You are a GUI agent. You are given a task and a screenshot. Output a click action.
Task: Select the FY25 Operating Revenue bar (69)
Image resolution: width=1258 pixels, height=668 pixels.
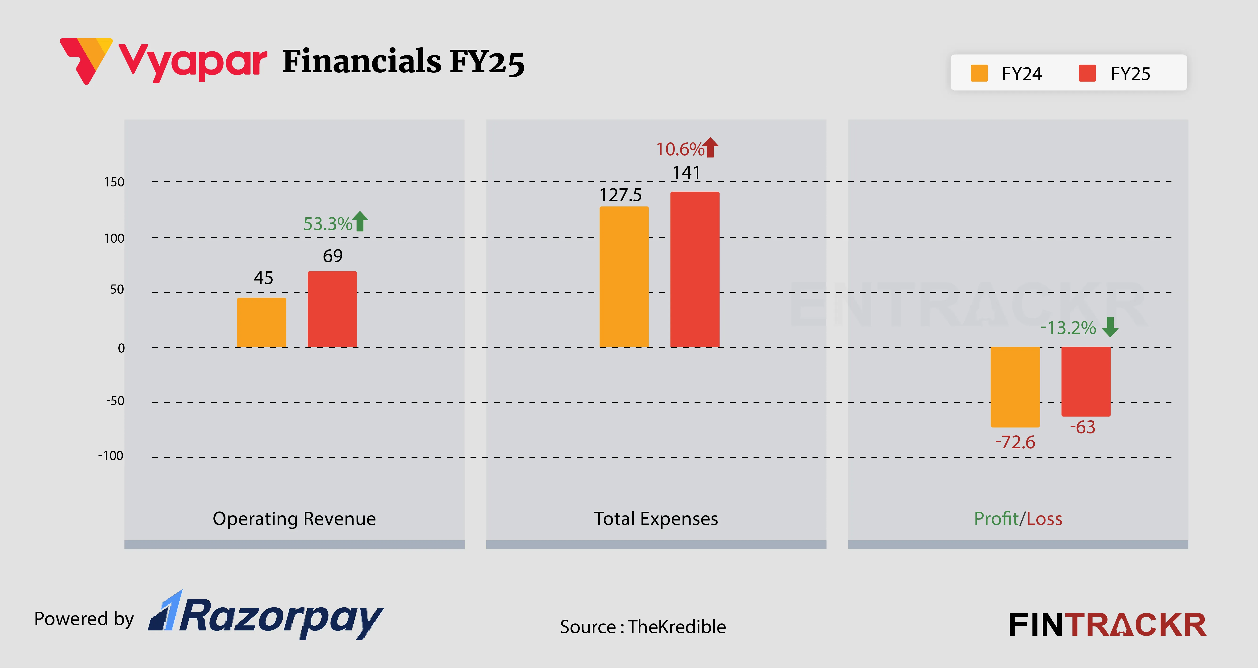coord(332,309)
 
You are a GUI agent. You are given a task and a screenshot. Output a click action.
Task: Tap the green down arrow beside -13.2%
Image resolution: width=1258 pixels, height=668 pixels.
coord(1110,327)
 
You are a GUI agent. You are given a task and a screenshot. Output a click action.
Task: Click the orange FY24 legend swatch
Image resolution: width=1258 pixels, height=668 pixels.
coord(979,73)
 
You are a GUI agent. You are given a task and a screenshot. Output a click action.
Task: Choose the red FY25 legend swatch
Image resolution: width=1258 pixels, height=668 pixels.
coord(1087,73)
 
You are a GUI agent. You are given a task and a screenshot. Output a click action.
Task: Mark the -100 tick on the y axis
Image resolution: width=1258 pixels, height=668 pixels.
coord(111,456)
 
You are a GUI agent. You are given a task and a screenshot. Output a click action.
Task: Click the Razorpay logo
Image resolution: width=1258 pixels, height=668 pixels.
coord(266,616)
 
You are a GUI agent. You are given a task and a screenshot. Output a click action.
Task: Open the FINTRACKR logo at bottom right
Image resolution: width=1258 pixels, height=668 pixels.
coord(1107,625)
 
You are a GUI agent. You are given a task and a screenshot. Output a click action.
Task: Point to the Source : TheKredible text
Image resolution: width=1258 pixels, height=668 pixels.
coord(643,627)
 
